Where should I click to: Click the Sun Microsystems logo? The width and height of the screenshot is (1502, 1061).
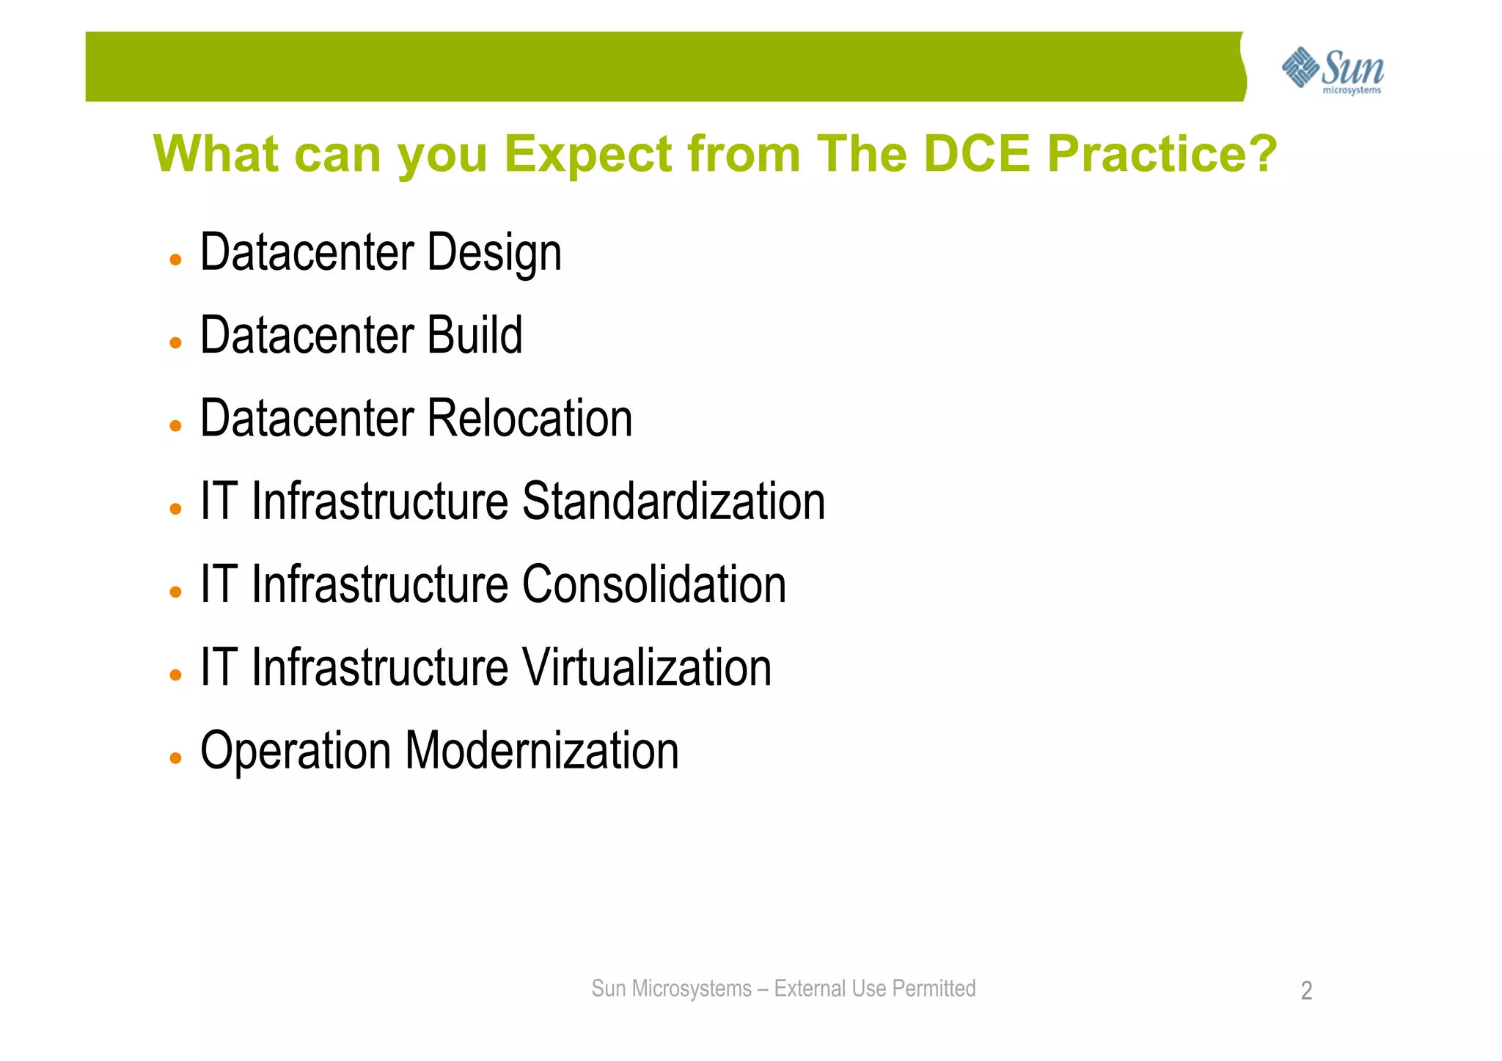(x=1333, y=70)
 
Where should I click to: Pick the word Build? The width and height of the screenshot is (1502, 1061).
(x=475, y=335)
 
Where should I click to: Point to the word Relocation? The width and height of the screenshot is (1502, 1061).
(x=529, y=419)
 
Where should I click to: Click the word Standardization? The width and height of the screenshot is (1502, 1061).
(x=673, y=502)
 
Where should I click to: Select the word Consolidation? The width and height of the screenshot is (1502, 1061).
(x=653, y=584)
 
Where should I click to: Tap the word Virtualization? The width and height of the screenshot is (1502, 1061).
(x=646, y=667)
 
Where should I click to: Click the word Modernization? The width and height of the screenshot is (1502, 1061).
(x=541, y=751)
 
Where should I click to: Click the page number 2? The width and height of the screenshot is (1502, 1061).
(x=1306, y=991)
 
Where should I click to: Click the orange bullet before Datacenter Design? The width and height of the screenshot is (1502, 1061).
(x=175, y=260)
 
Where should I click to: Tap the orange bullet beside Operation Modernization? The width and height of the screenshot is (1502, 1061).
(x=175, y=758)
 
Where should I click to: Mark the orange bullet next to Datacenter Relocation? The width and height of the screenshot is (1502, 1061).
(x=175, y=426)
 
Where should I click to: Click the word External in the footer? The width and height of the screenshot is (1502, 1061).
(x=810, y=988)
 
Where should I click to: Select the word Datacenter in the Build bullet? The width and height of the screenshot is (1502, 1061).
(x=307, y=335)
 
